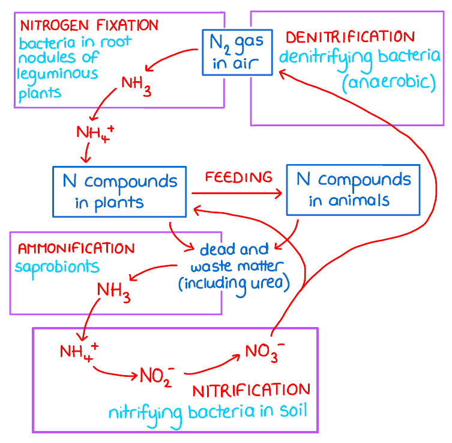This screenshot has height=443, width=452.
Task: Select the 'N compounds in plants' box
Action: [119, 191]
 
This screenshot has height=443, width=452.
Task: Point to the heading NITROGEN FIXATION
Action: [89, 25]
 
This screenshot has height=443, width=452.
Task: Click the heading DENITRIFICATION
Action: [350, 37]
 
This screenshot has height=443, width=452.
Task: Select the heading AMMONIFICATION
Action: [76, 248]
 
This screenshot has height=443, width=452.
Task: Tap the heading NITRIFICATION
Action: [252, 391]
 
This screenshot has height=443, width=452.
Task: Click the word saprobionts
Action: [58, 266]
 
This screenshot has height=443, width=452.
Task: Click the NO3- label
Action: [262, 351]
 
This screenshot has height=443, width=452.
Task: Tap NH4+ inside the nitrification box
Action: [79, 351]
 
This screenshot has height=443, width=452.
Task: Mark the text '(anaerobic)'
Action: [388, 81]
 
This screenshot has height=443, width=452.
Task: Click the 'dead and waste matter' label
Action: [234, 265]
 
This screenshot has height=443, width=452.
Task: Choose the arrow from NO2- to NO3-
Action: [209, 367]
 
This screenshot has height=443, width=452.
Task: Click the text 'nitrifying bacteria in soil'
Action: [207, 413]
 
